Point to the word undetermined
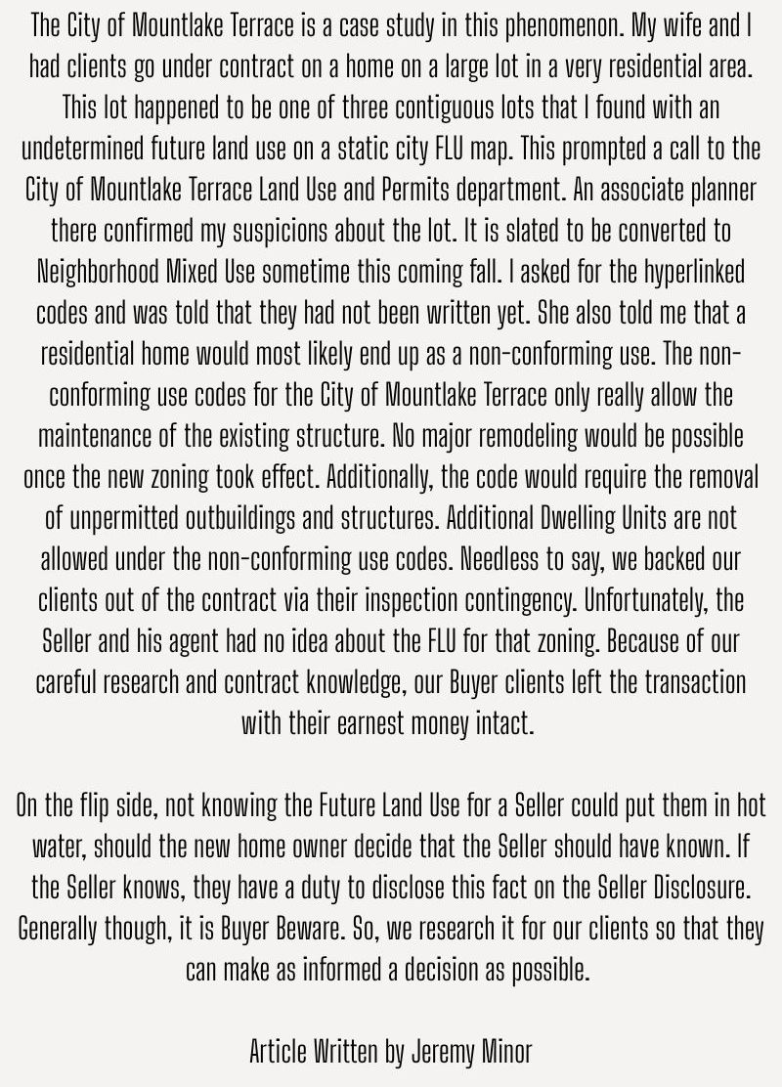[86, 150]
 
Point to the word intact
[509, 723]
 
